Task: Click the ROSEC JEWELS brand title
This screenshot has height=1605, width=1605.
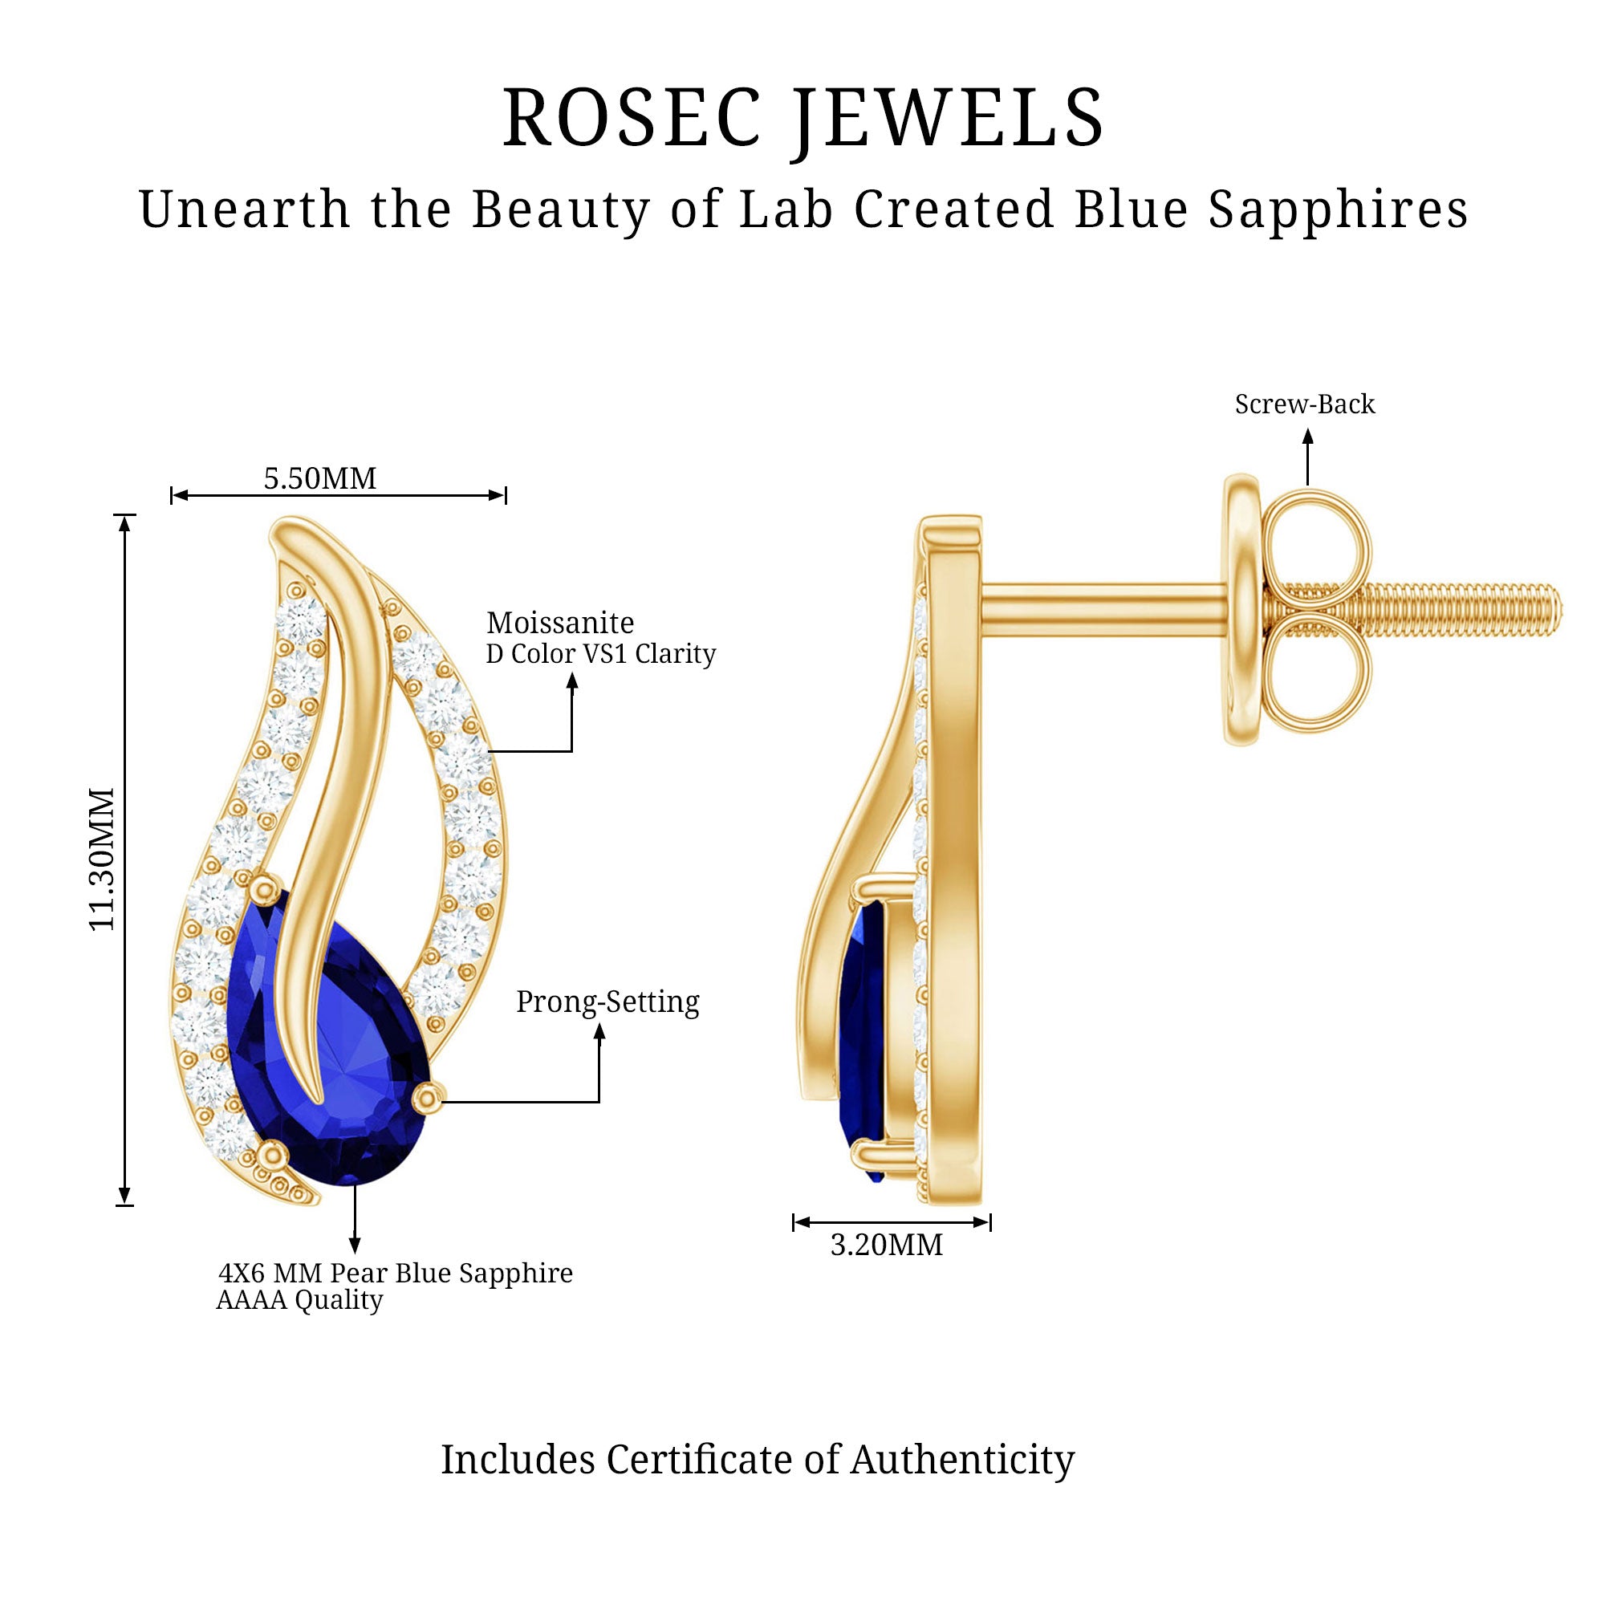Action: pyautogui.click(x=802, y=118)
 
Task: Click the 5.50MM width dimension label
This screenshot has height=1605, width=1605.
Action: pyautogui.click(x=320, y=478)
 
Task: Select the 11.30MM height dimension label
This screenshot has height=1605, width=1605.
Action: pyautogui.click(x=102, y=859)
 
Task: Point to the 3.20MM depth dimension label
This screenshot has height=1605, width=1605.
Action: pyautogui.click(x=887, y=1268)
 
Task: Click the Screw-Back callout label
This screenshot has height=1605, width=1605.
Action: pyautogui.click(x=1304, y=404)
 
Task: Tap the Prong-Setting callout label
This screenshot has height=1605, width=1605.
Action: pyautogui.click(x=607, y=1002)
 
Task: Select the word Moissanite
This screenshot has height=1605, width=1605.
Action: pyautogui.click(x=560, y=623)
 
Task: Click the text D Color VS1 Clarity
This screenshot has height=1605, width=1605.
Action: pyautogui.click(x=600, y=654)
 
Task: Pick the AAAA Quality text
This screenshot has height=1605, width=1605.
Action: pyautogui.click(x=299, y=1300)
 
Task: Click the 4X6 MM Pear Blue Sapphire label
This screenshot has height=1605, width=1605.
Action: pyautogui.click(x=396, y=1273)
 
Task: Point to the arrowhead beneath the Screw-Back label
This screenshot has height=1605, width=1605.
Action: pyautogui.click(x=1307, y=436)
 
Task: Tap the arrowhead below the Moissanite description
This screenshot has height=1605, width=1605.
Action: pyautogui.click(x=571, y=681)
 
